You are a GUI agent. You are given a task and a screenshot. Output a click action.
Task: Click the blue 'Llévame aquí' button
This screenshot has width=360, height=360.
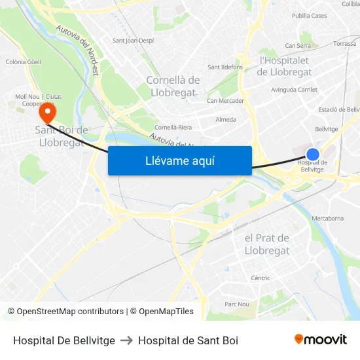pos(179,161)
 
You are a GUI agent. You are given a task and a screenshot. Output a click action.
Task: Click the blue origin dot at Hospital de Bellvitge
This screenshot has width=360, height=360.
pos(313,154)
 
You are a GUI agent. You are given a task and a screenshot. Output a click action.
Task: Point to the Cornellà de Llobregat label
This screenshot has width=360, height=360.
pos(173,86)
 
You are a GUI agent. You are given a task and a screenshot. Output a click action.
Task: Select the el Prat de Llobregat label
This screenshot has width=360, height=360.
pos(267,244)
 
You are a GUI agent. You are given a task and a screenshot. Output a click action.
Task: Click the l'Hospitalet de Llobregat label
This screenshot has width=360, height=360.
pos(289,65)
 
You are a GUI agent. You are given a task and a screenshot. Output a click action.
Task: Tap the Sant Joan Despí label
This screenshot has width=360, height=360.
pos(133,41)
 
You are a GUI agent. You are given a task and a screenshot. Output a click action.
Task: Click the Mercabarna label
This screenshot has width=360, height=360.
pos(328,218)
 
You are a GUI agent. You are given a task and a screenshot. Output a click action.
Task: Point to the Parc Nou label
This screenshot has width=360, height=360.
pos(237,304)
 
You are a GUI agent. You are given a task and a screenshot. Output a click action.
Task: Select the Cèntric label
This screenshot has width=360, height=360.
pos(261,278)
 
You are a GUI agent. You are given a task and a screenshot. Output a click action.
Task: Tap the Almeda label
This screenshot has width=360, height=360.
pos(226,120)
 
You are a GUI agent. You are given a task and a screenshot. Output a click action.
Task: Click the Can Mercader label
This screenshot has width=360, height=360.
pos(225,101)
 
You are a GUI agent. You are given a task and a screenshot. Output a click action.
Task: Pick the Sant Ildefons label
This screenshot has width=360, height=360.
pos(225,67)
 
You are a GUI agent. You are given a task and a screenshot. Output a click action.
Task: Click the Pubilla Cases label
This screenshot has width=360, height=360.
pos(310,16)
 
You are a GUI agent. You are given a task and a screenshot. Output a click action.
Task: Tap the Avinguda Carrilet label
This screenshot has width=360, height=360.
pos(294,90)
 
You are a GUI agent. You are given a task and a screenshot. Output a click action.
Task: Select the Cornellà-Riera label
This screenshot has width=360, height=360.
pos(173,127)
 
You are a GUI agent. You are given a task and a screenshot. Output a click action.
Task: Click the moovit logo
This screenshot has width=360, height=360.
pos(321,340)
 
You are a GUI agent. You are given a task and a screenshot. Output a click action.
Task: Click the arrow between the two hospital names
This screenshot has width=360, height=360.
pos(126,340)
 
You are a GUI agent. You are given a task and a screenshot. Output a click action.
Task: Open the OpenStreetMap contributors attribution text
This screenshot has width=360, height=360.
pos(65,312)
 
